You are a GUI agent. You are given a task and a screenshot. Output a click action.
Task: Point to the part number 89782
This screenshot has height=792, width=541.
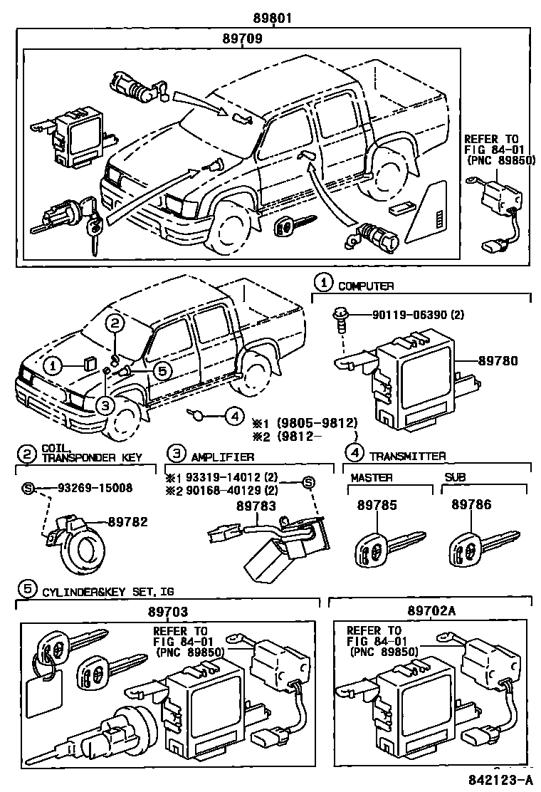click(128, 521)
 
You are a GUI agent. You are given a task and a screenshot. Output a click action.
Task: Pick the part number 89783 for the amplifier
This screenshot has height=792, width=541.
click(255, 504)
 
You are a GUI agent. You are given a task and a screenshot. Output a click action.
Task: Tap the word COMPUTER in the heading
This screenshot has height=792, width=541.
click(366, 286)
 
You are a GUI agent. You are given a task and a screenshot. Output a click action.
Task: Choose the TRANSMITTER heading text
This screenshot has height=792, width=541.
click(409, 456)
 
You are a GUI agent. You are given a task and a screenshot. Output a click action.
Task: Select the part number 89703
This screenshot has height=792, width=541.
click(169, 611)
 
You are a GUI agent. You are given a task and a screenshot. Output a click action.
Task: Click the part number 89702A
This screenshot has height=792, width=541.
click(431, 611)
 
